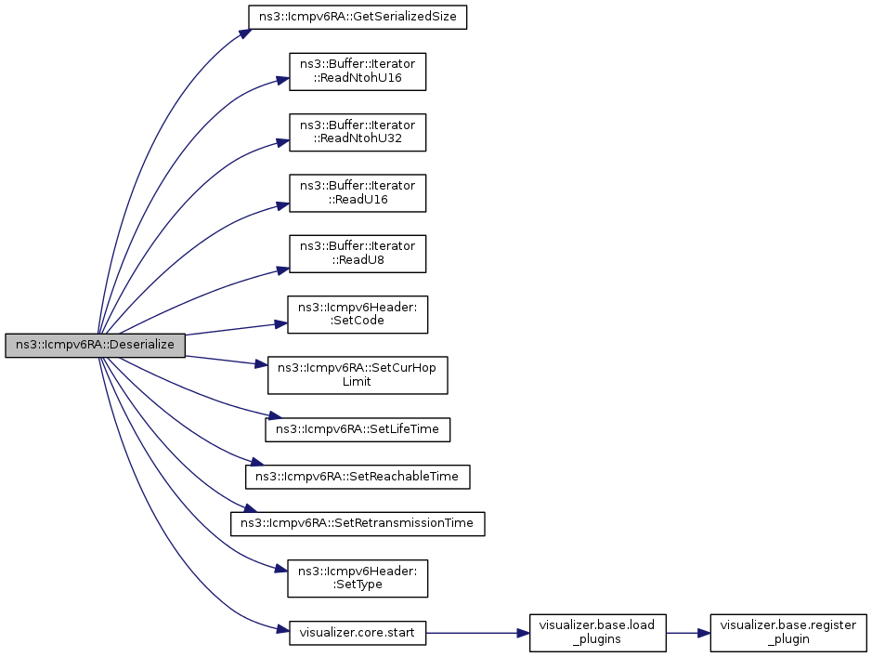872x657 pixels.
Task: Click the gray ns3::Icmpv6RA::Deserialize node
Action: point(95,345)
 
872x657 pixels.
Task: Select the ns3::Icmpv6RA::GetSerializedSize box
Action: point(357,17)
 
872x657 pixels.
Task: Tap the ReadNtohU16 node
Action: point(358,72)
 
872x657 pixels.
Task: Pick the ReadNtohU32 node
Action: point(358,132)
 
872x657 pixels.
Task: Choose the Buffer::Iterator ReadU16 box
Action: point(358,193)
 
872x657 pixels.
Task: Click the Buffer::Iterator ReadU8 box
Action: point(358,254)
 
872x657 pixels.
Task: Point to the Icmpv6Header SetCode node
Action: point(358,314)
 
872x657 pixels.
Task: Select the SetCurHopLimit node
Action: point(358,374)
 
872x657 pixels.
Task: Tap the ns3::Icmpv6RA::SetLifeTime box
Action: point(358,429)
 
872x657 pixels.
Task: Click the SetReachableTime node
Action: point(358,477)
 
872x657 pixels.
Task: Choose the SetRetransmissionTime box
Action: point(358,523)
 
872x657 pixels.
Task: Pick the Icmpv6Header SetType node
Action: point(358,579)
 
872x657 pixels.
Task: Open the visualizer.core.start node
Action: point(358,633)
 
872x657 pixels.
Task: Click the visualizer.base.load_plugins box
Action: point(598,633)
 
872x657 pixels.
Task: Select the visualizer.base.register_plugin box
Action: point(788,633)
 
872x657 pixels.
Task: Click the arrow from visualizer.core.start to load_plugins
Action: point(477,633)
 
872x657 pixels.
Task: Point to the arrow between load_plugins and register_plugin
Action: point(688,633)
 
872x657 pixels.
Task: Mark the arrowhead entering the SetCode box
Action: point(280,323)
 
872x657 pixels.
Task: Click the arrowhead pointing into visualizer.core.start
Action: point(282,630)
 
